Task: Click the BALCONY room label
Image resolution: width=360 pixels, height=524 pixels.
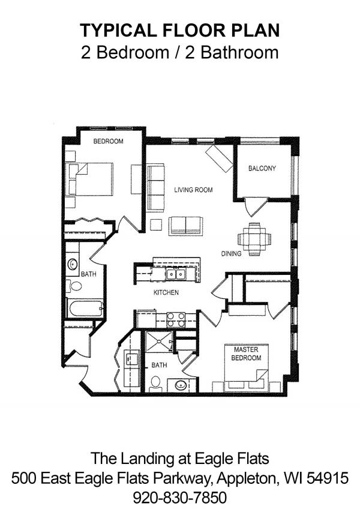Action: click(x=262, y=169)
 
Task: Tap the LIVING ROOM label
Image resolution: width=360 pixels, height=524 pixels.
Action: click(x=193, y=190)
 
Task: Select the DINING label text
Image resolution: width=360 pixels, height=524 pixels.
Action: click(x=231, y=254)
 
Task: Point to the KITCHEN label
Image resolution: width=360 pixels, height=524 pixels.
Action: click(x=166, y=292)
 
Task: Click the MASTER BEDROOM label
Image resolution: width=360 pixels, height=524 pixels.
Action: click(x=246, y=354)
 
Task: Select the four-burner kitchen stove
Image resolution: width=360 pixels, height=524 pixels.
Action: click(x=176, y=320)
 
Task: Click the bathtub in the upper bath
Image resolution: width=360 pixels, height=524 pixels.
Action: click(x=85, y=309)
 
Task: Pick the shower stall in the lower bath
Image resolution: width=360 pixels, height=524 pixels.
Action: click(x=159, y=342)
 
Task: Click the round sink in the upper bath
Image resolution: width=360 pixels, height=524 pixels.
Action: click(x=73, y=264)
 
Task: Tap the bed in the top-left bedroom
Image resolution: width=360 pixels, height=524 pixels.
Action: click(x=91, y=179)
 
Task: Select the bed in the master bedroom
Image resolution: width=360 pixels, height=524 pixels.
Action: click(x=247, y=368)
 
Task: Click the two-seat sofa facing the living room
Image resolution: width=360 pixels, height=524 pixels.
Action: click(x=185, y=226)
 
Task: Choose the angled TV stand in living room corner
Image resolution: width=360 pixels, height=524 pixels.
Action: click(x=219, y=158)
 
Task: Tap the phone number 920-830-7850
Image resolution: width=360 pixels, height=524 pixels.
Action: click(x=180, y=498)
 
